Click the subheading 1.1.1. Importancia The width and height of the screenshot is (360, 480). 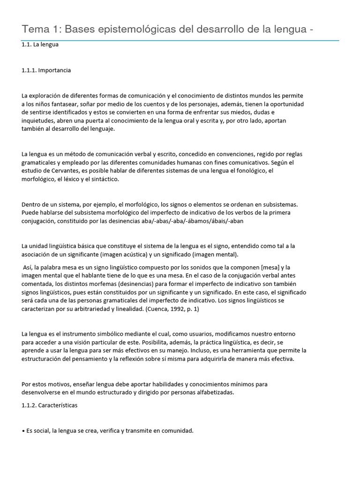(x=46, y=70)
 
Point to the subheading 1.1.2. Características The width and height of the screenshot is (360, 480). (x=50, y=405)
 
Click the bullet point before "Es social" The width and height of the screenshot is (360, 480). (x=23, y=431)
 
